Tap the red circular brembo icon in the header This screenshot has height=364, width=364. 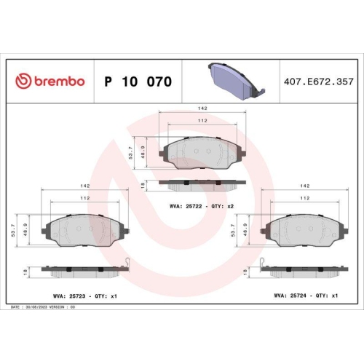point(22,82)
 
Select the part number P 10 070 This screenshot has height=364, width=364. point(138,82)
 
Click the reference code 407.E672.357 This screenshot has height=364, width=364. point(319,82)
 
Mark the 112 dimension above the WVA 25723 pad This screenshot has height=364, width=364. point(85,198)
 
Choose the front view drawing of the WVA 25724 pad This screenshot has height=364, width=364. point(306,232)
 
